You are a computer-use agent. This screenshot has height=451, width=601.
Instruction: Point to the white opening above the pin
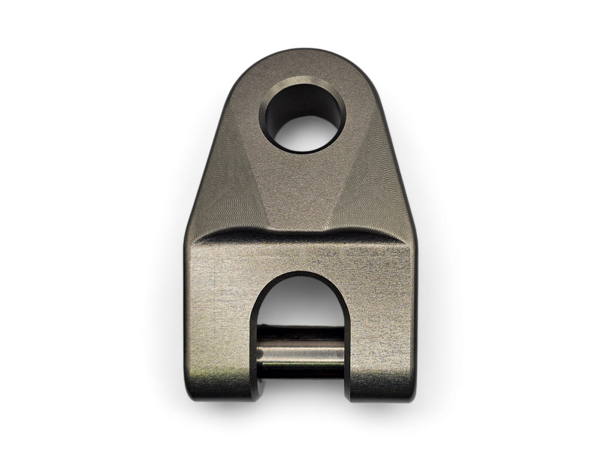click(x=301, y=304)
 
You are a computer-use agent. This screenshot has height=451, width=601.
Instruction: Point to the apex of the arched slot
click(x=301, y=274)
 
